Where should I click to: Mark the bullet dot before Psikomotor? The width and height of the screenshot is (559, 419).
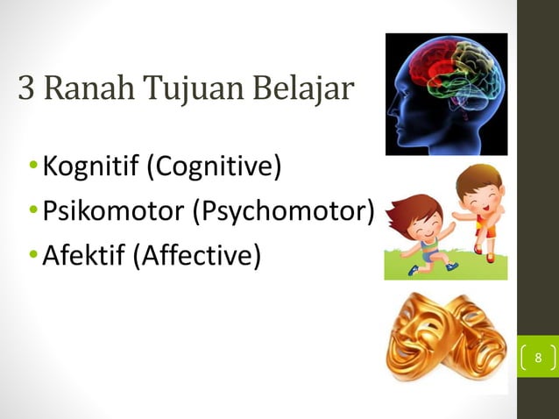pyautogui.click(x=32, y=212)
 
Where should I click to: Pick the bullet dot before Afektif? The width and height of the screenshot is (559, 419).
pyautogui.click(x=32, y=258)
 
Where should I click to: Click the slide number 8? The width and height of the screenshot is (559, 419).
pyautogui.click(x=539, y=359)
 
